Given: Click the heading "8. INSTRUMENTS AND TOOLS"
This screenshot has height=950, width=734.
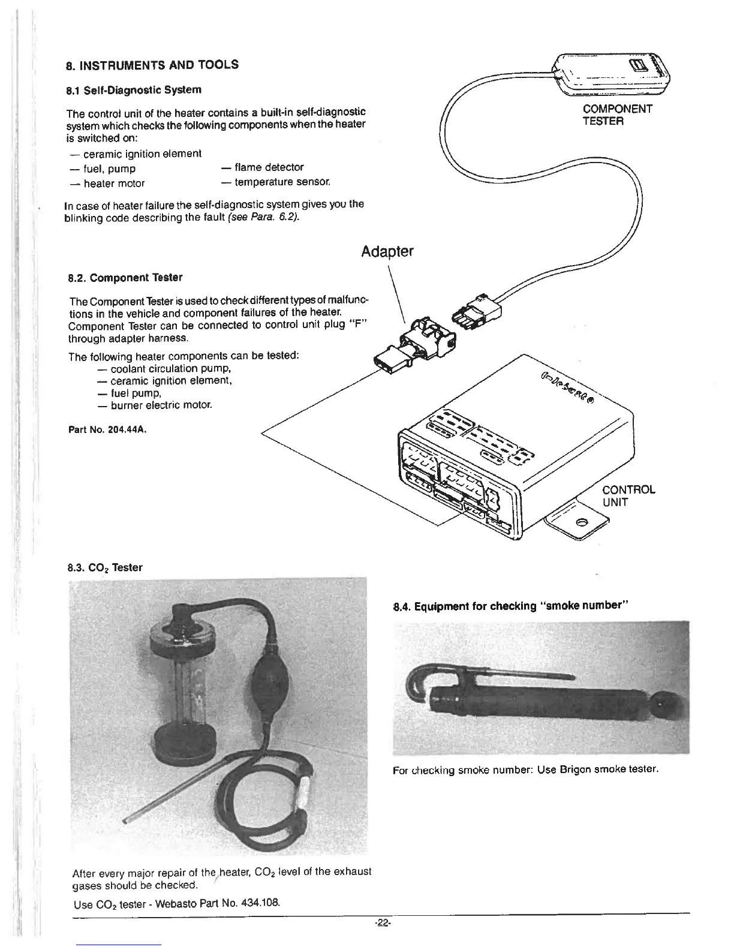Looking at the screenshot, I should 152,65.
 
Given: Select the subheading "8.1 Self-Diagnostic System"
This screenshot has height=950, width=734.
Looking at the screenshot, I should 133,90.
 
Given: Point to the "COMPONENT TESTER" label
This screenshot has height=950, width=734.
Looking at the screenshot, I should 617,115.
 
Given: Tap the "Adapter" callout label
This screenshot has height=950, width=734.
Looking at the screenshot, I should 387,251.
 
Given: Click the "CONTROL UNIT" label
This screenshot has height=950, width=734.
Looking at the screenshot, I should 628,495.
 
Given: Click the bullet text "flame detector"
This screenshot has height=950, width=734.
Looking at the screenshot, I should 269,167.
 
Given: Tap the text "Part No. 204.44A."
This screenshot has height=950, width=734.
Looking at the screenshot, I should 108,429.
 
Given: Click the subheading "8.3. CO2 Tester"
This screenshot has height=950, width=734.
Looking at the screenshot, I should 105,567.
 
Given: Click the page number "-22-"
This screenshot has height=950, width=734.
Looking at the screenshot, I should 380,924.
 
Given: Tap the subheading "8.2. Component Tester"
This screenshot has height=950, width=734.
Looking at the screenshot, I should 125,278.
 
